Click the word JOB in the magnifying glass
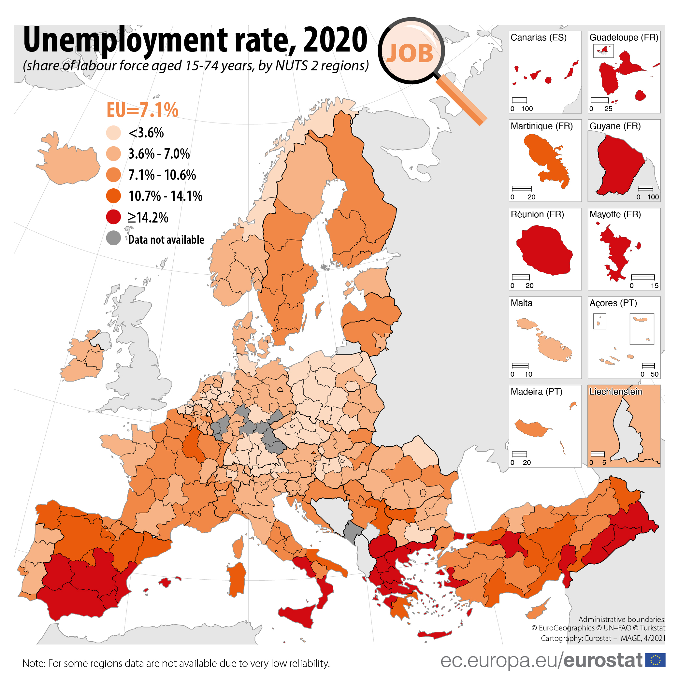410,54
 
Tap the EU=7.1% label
142,110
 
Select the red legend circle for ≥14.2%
113,217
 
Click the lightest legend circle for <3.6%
113,133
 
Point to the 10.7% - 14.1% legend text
166,196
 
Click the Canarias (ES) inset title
539,37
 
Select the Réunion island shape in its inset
544,250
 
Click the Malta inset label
522,303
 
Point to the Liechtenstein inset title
616,392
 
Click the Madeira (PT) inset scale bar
519,454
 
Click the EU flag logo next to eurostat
656,660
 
